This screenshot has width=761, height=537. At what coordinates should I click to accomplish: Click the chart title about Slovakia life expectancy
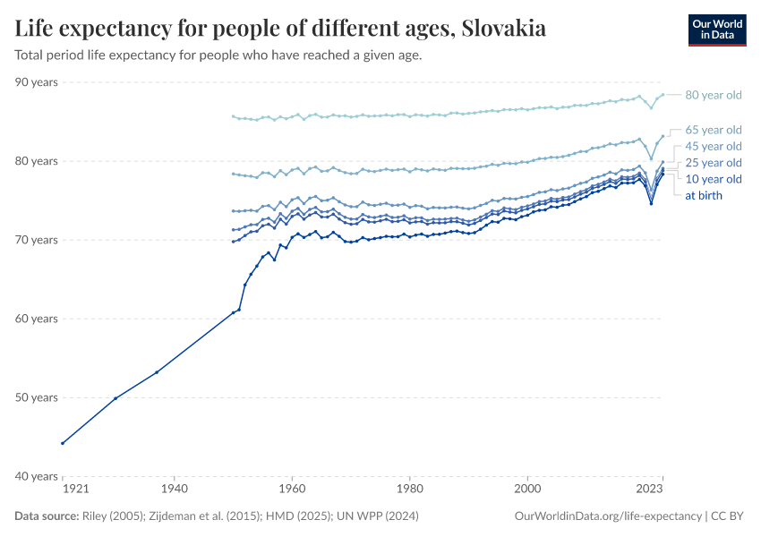(x=280, y=29)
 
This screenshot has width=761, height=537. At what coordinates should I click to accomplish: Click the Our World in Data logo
(x=716, y=30)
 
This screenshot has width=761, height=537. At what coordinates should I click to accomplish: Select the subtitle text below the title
(x=218, y=55)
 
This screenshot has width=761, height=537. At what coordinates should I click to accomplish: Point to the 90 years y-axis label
(x=36, y=82)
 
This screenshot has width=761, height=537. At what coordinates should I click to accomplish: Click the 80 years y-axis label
(x=36, y=161)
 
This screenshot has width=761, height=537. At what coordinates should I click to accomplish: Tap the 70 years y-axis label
(x=36, y=240)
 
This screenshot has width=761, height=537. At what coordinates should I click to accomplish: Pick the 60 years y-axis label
(x=36, y=319)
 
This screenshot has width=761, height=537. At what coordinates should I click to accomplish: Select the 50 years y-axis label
(x=36, y=397)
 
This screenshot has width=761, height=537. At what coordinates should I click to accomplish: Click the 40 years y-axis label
(x=36, y=476)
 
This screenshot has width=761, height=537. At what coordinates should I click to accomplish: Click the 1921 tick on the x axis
(x=74, y=490)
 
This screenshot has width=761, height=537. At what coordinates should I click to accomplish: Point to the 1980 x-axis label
(x=409, y=490)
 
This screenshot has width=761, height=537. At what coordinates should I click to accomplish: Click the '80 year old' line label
(x=713, y=95)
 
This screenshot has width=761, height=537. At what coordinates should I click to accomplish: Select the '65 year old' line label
(x=713, y=130)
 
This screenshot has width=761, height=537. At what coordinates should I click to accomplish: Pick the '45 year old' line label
(x=713, y=146)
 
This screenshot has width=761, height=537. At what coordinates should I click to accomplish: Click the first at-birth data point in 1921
(x=62, y=443)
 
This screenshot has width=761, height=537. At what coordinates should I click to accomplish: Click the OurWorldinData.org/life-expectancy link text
(x=609, y=516)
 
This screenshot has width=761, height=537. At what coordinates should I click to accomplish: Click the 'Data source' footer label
(x=46, y=516)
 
